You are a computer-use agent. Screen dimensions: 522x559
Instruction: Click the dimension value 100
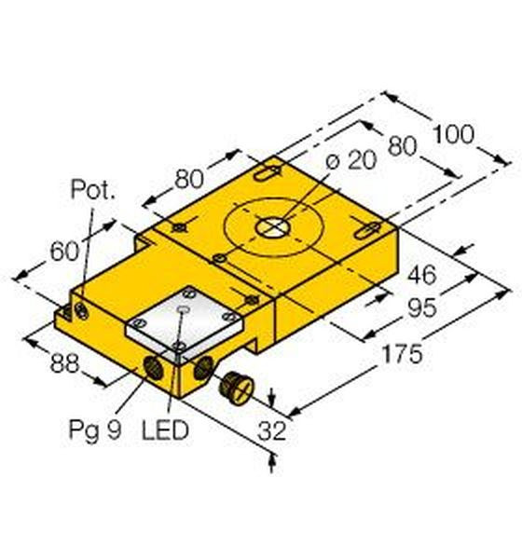pyautogui.click(x=454, y=134)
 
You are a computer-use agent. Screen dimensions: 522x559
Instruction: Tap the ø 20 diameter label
pyautogui.click(x=351, y=160)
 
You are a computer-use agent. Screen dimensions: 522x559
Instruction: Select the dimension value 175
pyautogui.click(x=402, y=354)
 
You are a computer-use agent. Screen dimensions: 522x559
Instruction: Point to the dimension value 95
pyautogui.click(x=422, y=307)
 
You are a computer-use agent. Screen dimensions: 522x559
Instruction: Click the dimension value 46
pyautogui.click(x=422, y=275)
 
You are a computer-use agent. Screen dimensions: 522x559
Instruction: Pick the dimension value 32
pyautogui.click(x=272, y=430)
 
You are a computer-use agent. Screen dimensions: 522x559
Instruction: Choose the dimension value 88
pyautogui.click(x=64, y=363)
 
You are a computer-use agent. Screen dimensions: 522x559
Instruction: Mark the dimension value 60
pyautogui.click(x=64, y=251)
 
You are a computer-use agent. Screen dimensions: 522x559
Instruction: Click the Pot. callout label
pyautogui.click(x=93, y=189)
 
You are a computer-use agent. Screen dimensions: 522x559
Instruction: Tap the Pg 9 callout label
pyautogui.click(x=95, y=430)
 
